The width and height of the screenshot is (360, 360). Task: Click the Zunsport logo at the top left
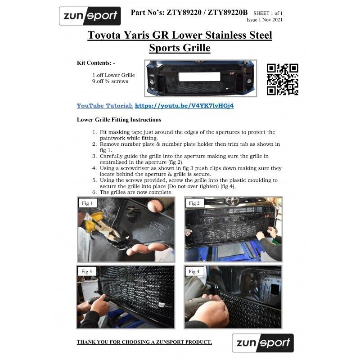tap(90, 16)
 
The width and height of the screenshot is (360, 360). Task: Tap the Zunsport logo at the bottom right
tap(263, 343)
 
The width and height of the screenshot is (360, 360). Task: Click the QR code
tap(283, 80)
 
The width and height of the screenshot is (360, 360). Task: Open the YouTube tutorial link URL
tap(184, 106)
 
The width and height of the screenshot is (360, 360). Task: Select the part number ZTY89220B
tap(228, 13)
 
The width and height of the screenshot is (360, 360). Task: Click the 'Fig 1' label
tap(87, 203)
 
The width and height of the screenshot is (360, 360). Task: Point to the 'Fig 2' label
tap(194, 203)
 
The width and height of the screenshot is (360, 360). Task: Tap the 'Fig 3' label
tap(86, 271)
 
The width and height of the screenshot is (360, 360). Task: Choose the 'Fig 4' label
tap(194, 272)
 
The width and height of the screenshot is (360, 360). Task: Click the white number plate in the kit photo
tap(199, 76)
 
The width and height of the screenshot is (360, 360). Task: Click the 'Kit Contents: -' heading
tap(96, 63)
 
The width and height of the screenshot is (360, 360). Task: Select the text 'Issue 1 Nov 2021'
tap(265, 20)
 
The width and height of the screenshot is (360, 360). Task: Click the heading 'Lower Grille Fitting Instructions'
tap(119, 120)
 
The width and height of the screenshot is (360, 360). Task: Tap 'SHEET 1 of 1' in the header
tap(268, 13)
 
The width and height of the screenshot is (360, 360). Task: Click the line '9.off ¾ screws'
tap(110, 81)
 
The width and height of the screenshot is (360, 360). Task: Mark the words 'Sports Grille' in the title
tap(180, 48)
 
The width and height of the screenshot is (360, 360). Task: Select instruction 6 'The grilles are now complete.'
tap(136, 192)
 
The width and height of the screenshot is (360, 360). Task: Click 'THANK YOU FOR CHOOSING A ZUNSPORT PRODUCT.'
tap(144, 342)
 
